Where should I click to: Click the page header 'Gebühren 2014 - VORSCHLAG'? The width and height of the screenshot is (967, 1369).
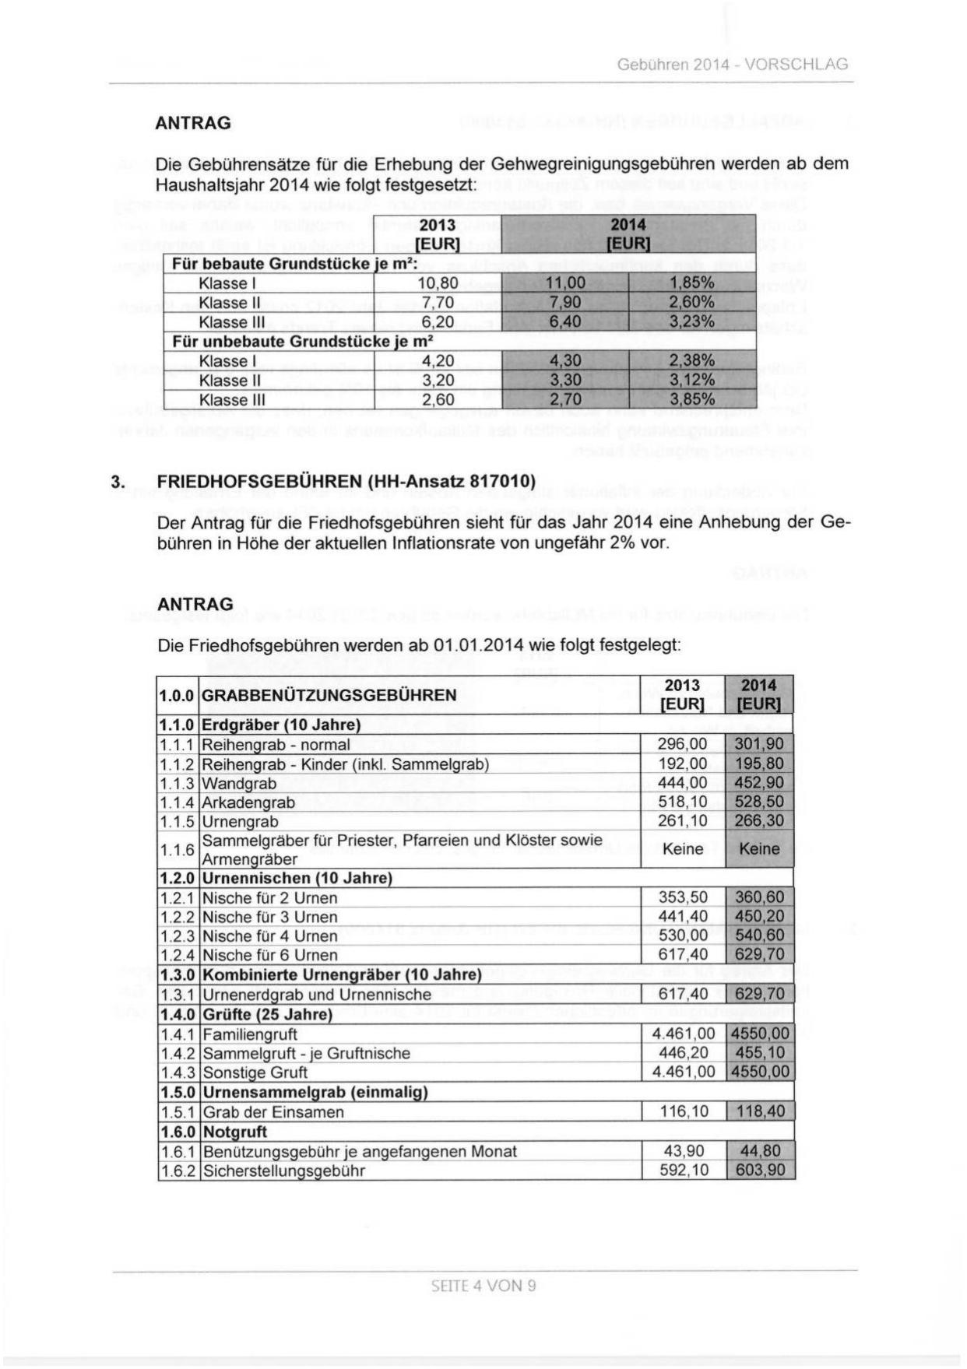[732, 65]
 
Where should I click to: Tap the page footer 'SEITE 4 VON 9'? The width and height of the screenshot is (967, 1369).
[483, 1285]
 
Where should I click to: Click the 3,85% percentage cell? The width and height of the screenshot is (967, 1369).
[692, 400]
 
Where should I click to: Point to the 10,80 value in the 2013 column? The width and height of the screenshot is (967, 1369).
[438, 283]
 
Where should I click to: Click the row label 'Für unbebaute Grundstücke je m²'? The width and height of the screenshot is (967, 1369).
[302, 342]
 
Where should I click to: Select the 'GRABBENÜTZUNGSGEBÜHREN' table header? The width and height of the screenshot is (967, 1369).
[329, 695]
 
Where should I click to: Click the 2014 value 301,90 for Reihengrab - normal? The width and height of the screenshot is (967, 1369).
[759, 745]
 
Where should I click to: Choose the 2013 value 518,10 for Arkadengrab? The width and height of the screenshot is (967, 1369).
[683, 802]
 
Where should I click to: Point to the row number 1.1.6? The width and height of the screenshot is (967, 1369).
[177, 850]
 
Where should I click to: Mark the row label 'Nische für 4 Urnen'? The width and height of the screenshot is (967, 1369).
[269, 936]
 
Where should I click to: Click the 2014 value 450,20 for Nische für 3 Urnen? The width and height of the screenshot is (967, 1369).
[759, 917]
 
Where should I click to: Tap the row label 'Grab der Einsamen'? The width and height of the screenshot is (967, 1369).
[273, 1112]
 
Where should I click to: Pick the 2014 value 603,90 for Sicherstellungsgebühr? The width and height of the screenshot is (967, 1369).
[760, 1171]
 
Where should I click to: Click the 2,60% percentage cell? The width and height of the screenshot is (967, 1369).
[692, 303]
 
